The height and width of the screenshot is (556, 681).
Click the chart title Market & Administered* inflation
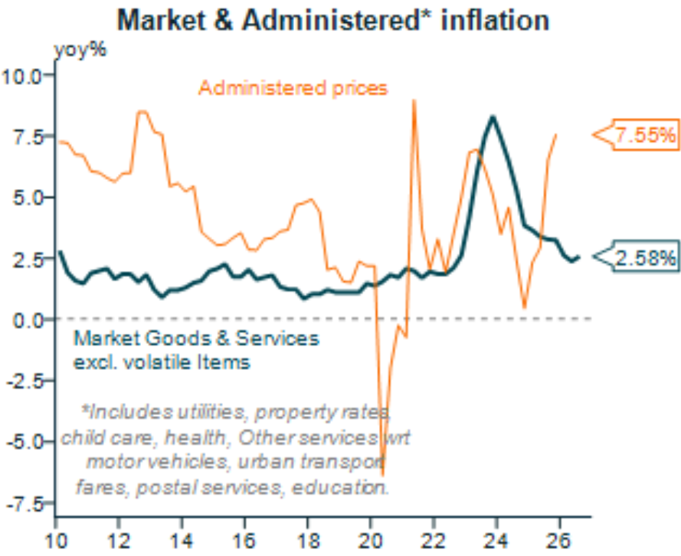[333, 20]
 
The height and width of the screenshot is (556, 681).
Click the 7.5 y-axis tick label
[30, 136]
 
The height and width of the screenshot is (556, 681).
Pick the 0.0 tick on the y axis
[30, 319]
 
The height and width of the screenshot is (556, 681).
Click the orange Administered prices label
[293, 88]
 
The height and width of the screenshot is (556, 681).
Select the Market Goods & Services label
[195, 339]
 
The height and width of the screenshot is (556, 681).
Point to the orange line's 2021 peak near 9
[414, 100]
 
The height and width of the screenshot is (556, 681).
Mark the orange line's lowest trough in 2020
[382, 475]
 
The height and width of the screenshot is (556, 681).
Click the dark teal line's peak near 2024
[493, 116]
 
